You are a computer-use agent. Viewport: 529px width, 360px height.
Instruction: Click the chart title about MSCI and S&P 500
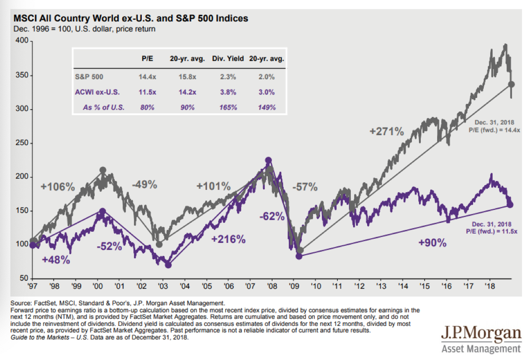tap(131, 19)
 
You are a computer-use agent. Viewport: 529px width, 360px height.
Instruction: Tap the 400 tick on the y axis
tap(22, 42)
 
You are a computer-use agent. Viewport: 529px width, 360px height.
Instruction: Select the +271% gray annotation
tap(386, 132)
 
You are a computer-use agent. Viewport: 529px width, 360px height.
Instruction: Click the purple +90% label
tap(433, 242)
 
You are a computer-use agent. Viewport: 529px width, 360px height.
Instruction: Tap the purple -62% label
tap(271, 216)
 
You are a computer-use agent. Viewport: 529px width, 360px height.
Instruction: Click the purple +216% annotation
tap(228, 239)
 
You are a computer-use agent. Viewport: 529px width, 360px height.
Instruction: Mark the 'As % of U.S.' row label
tap(104, 107)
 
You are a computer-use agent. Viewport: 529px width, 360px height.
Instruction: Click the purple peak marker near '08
tap(268, 160)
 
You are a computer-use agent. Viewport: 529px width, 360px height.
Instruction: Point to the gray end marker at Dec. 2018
tap(511, 84)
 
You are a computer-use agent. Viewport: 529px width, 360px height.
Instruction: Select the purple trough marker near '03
tap(168, 265)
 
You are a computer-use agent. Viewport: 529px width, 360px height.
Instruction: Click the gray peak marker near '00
tap(103, 170)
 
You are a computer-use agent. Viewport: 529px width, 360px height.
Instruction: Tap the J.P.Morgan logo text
tap(480, 334)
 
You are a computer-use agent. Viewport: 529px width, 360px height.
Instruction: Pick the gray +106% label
tap(58, 187)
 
